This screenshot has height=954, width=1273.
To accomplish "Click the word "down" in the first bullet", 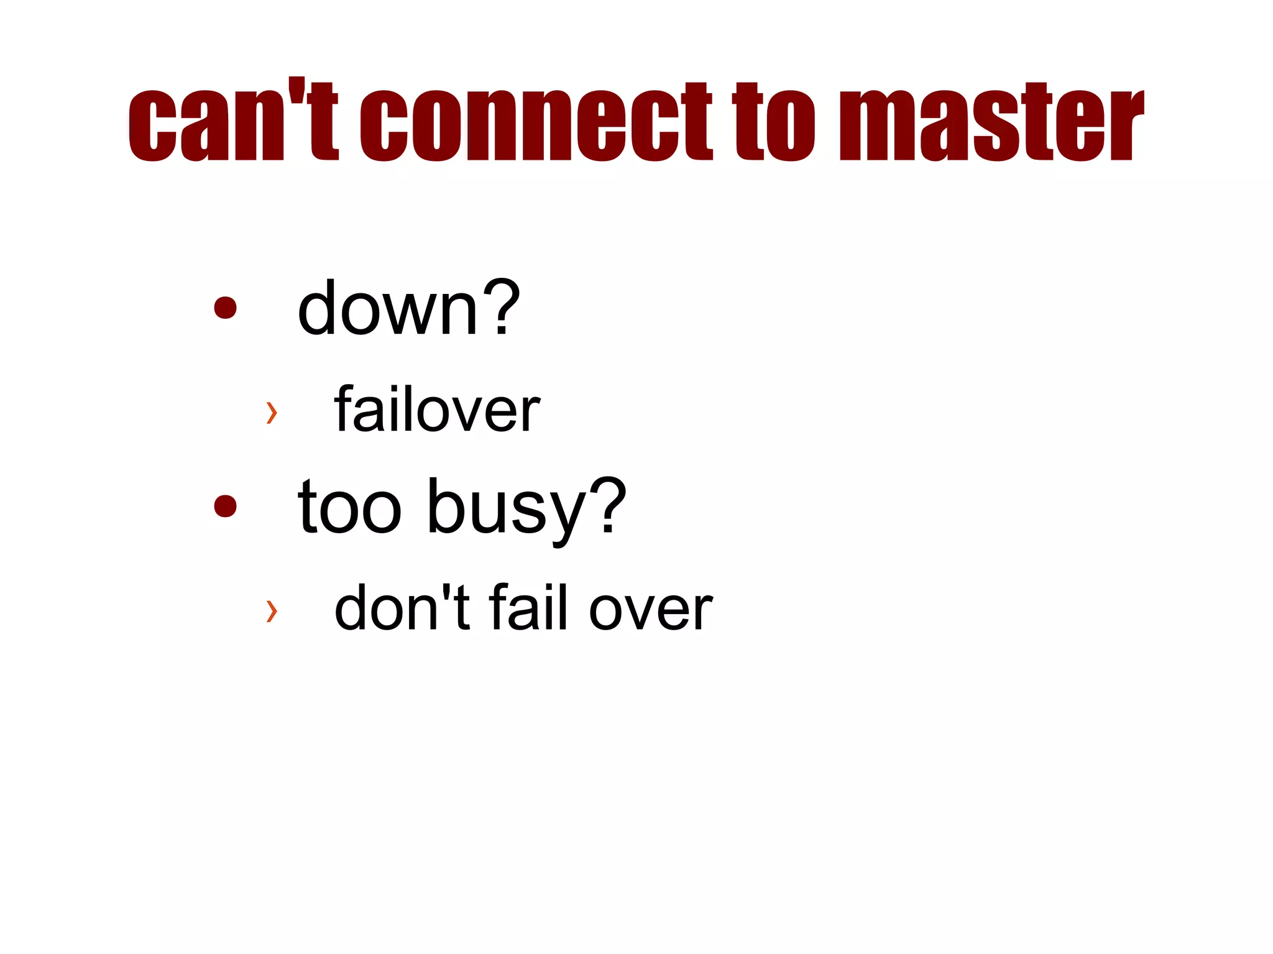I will tap(387, 308).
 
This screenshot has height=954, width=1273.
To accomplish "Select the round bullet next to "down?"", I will tap(225, 307).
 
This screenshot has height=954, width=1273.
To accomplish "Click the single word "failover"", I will tap(437, 410).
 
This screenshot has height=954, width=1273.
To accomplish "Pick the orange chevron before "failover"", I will tap(271, 412).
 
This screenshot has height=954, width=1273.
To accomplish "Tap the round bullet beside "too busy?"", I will tap(225, 505).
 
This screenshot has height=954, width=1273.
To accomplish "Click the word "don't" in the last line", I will tap(402, 608).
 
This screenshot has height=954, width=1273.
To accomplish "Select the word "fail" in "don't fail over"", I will tap(528, 607).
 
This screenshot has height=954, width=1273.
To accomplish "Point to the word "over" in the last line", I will tap(650, 610).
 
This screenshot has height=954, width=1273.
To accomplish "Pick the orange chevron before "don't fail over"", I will tap(271, 610).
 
